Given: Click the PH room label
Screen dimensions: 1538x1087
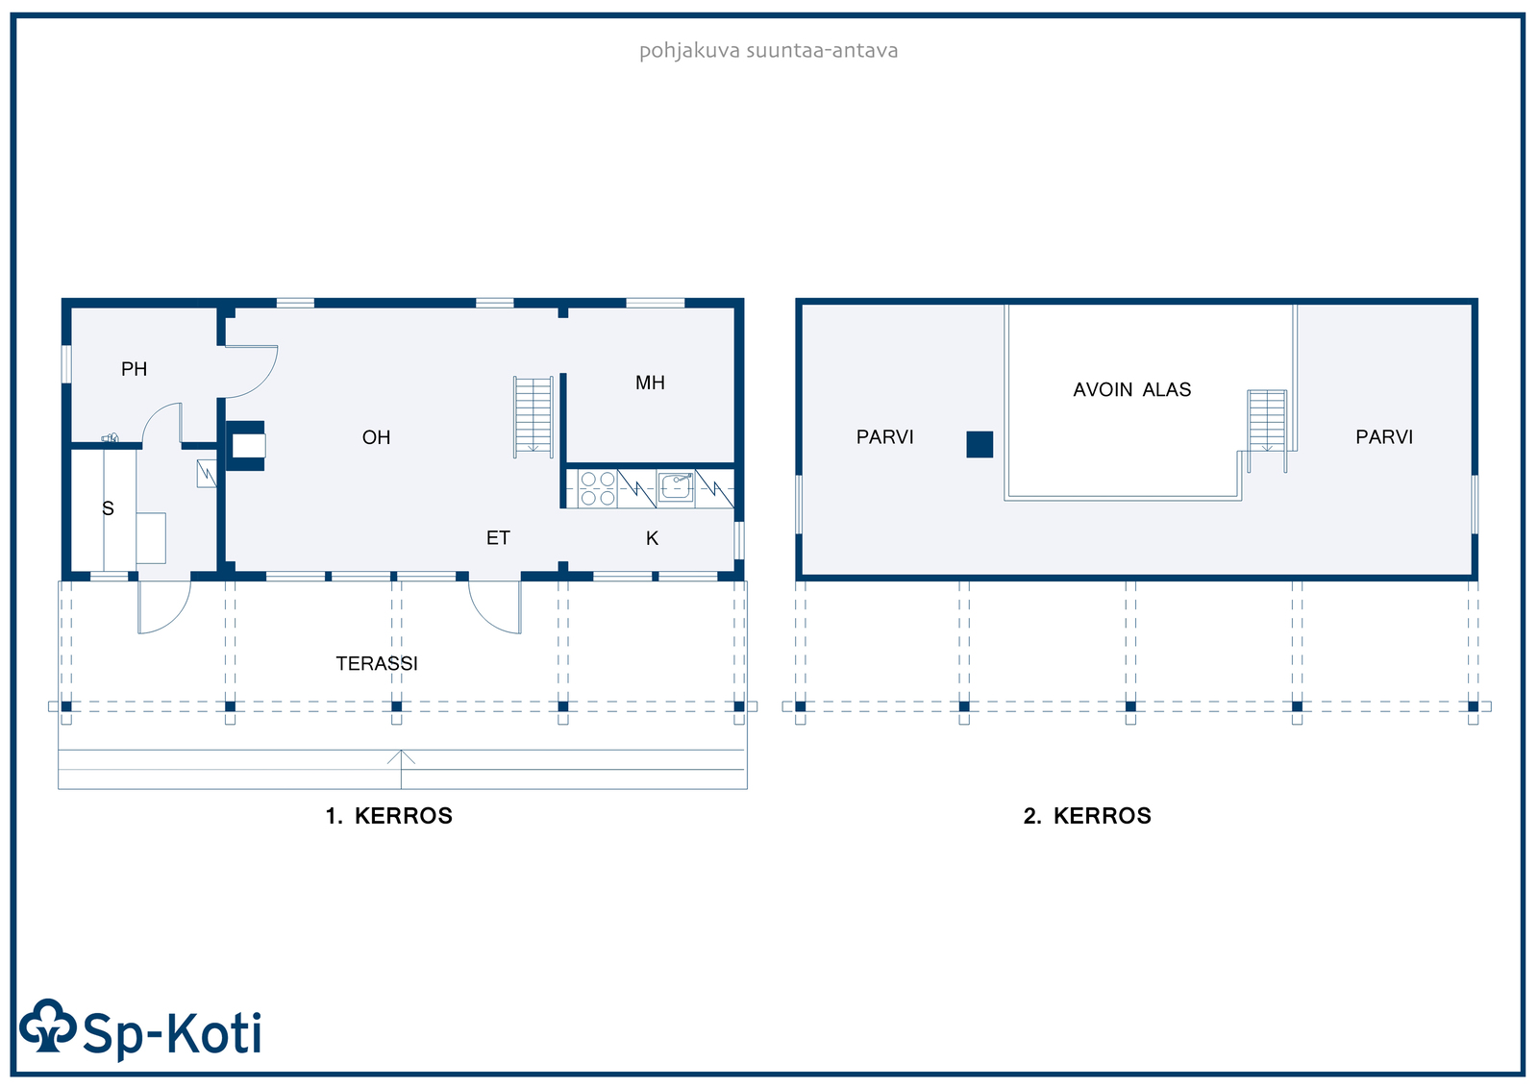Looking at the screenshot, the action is click(134, 369).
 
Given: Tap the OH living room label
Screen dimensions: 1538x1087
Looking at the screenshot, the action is click(376, 437).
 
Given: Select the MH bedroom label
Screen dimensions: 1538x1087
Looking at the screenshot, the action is click(650, 383).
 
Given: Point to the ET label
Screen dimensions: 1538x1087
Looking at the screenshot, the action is click(498, 537).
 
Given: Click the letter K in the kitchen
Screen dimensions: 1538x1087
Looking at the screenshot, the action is click(653, 538).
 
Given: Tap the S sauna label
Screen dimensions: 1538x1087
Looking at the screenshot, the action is click(108, 508).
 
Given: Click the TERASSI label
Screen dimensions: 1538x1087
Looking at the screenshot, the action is click(376, 663).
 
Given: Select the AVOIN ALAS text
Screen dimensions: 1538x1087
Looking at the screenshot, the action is click(1131, 389).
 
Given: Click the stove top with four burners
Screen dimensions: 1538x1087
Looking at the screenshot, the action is click(597, 488).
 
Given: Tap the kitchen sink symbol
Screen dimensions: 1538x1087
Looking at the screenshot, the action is click(676, 487).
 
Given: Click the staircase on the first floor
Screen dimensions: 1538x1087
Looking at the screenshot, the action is click(533, 417).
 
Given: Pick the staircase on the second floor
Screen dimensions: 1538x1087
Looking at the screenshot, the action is click(1267, 431).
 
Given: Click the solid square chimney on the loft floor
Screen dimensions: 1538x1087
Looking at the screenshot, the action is click(980, 444).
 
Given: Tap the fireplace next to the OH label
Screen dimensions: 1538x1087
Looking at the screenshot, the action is click(245, 446).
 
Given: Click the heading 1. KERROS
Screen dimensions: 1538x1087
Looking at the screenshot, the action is click(388, 816).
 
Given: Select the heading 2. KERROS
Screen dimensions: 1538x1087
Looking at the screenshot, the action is click(1087, 816).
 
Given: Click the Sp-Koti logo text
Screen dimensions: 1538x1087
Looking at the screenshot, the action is click(172, 1033).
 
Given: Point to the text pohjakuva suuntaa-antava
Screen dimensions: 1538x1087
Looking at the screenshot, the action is click(768, 51).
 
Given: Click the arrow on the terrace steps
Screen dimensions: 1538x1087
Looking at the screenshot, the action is click(401, 769).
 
